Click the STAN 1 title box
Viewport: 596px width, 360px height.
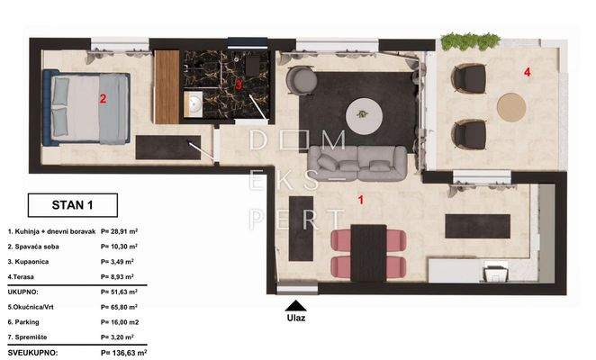tap(72, 205)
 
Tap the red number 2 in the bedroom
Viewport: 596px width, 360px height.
tap(103, 99)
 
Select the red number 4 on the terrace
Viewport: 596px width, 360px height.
tap(528, 70)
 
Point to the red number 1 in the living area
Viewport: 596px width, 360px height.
tap(361, 199)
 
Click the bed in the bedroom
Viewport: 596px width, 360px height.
tap(90, 109)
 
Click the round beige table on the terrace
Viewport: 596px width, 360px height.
tap(511, 107)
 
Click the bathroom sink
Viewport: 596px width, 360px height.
tap(194, 103)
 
